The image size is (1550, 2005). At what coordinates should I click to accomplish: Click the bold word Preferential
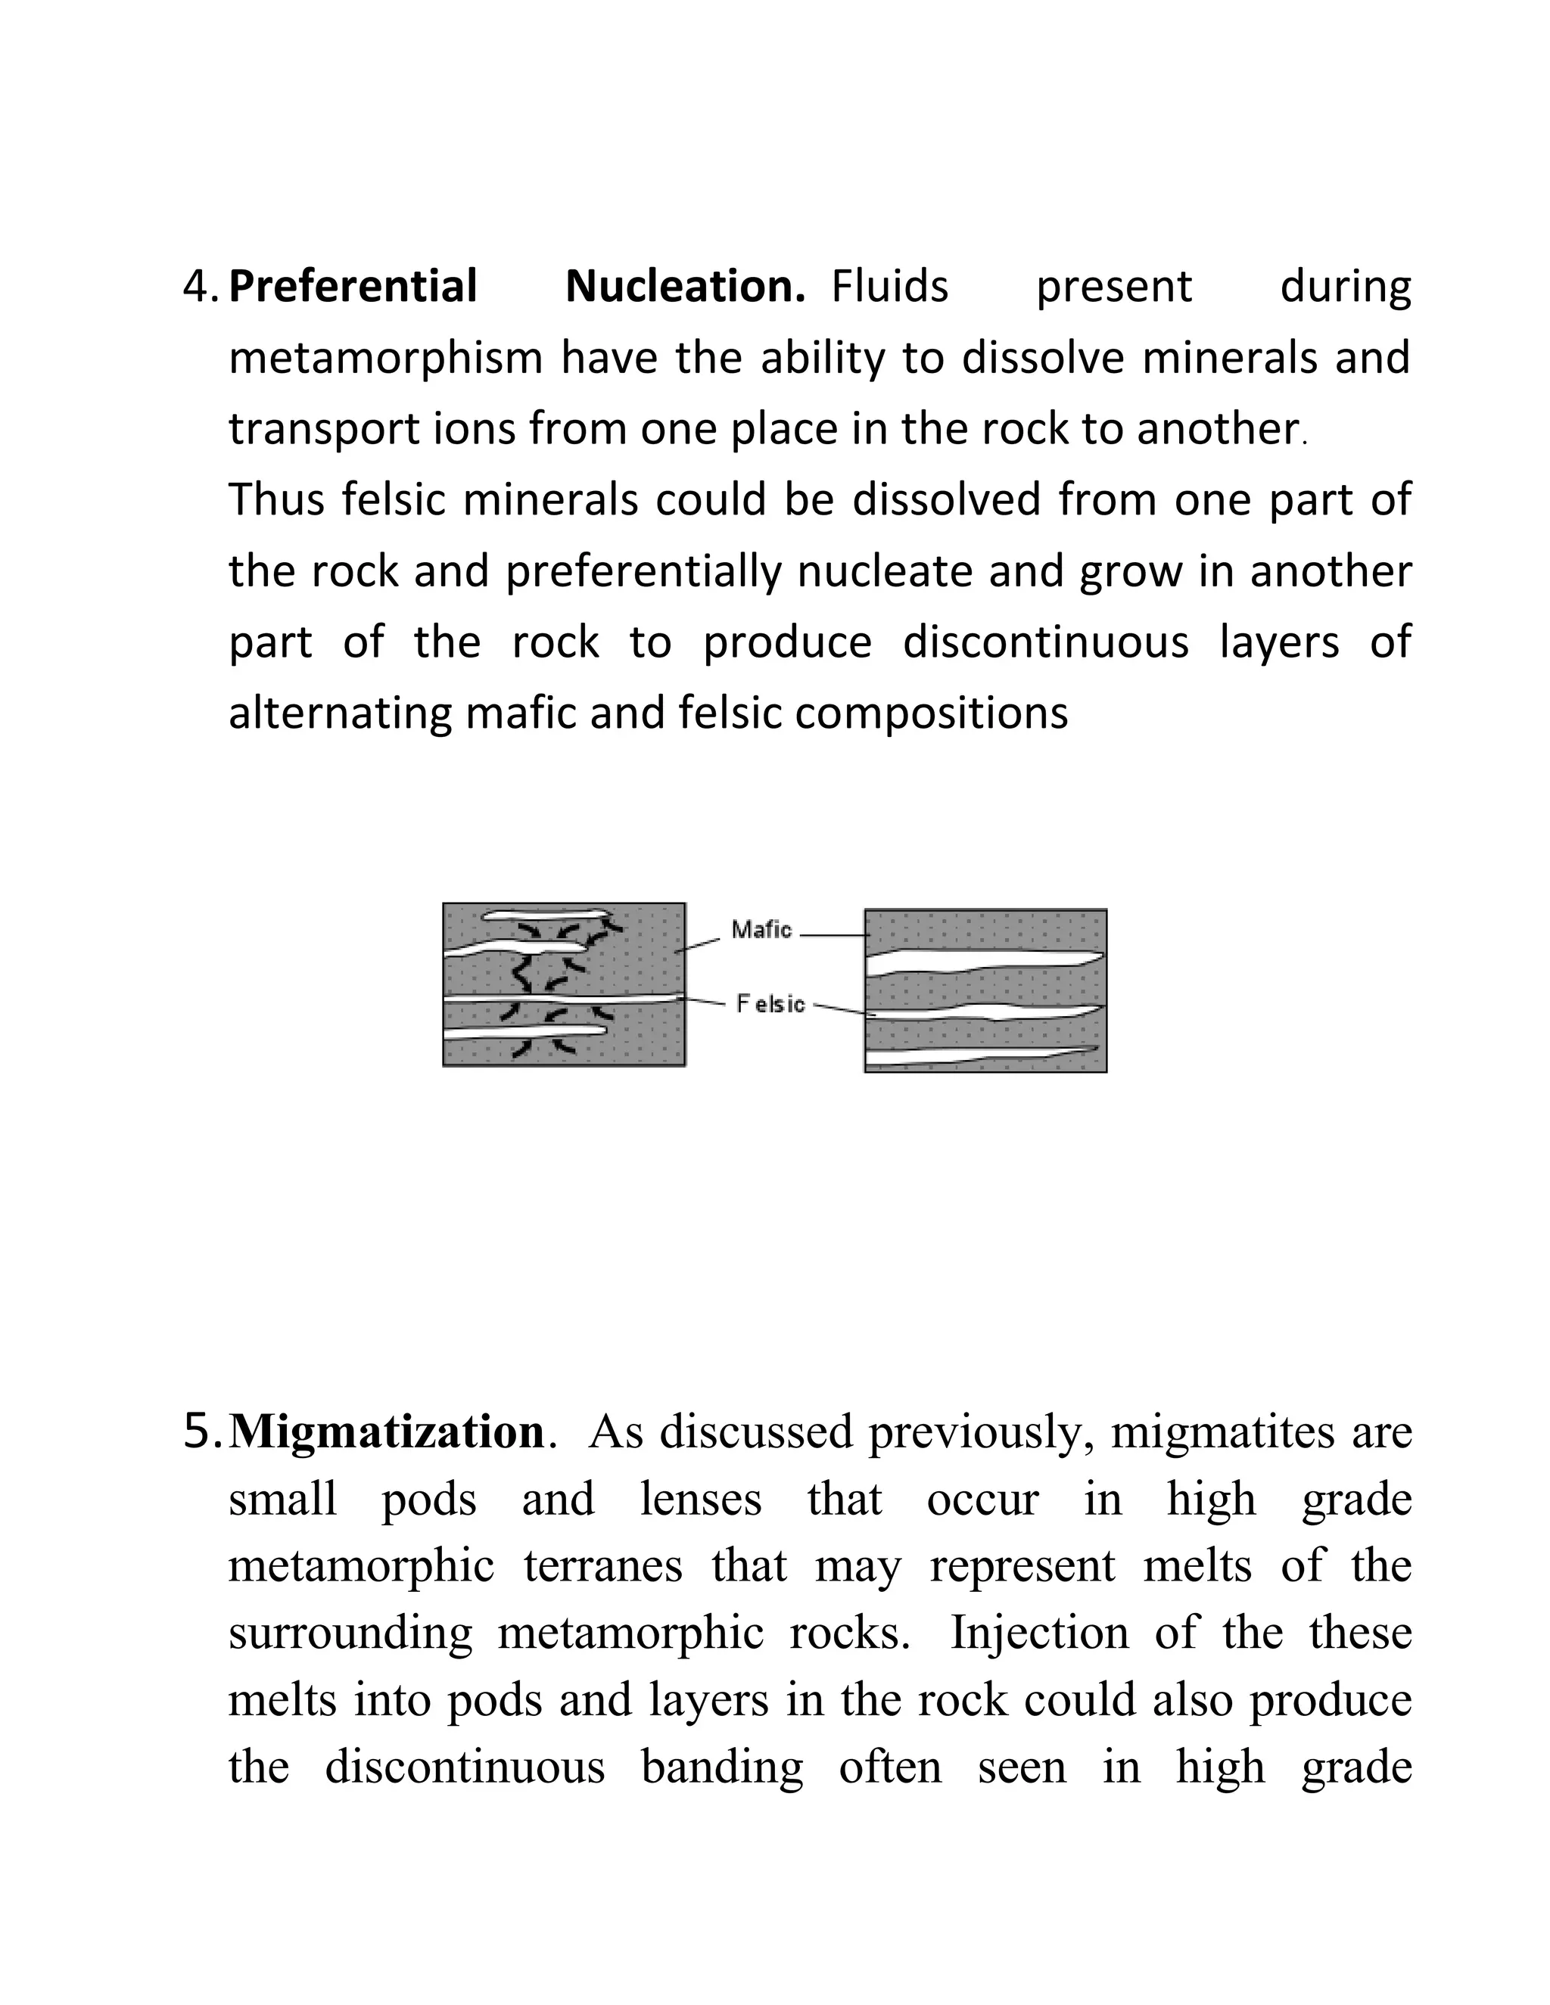(x=353, y=287)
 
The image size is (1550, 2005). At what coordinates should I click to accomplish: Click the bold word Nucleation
(x=684, y=287)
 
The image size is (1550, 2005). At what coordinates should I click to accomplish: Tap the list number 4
(x=198, y=287)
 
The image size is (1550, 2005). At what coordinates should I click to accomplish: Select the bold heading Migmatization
(x=387, y=1433)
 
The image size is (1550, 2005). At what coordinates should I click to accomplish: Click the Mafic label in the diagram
(x=761, y=930)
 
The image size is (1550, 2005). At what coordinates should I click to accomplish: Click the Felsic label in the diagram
(x=770, y=1004)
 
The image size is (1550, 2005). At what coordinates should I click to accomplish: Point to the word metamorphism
(x=386, y=358)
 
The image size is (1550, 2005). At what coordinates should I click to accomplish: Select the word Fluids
(x=889, y=287)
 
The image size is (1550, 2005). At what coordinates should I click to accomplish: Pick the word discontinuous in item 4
(x=1045, y=642)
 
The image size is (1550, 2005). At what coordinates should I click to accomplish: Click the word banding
(x=722, y=1767)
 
